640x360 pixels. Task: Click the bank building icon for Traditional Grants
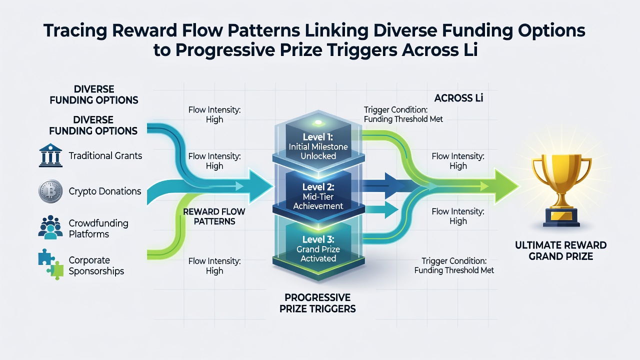[x=50, y=155]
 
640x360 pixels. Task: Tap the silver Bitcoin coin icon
[x=50, y=191]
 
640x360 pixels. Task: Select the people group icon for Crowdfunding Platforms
[x=50, y=227]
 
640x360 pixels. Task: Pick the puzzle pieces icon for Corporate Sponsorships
[x=51, y=264]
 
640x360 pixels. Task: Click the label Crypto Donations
[x=105, y=191]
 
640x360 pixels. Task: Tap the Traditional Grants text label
[x=105, y=155]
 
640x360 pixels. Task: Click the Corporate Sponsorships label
[x=96, y=265]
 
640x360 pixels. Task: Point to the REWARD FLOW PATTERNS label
[x=214, y=216]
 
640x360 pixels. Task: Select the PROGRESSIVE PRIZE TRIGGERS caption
[x=317, y=303]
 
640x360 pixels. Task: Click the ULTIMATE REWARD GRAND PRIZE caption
[x=561, y=250]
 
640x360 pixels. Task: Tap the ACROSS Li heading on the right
[x=458, y=98]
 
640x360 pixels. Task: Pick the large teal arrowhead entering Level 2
[x=260, y=186]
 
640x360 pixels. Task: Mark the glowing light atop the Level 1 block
[x=318, y=122]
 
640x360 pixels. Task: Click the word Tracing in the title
[x=75, y=31]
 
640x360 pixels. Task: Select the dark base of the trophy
[x=561, y=217]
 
